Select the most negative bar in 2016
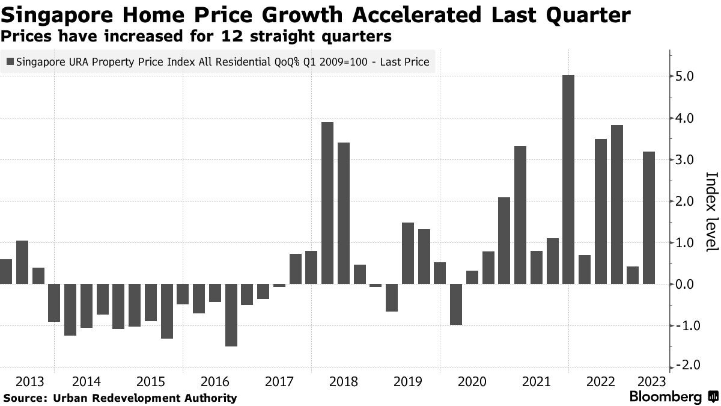(x=231, y=315)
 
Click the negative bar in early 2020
(x=456, y=304)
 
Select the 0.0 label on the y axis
(x=687, y=285)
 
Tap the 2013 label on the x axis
(x=30, y=381)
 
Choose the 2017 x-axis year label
(x=279, y=381)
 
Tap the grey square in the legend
(x=10, y=61)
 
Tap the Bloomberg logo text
(x=665, y=397)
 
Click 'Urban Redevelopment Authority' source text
(x=145, y=398)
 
